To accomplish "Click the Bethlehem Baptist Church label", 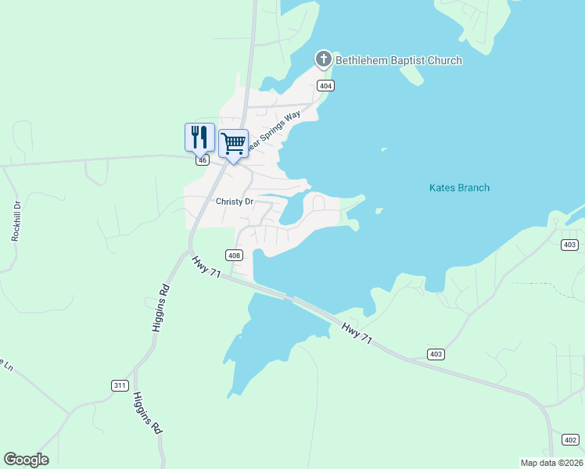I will (x=399, y=60).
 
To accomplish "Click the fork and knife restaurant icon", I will (x=199, y=137).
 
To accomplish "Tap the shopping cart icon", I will (x=233, y=143).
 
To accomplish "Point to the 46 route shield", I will (x=203, y=160).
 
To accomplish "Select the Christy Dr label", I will (x=235, y=202).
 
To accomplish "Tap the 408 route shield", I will (x=233, y=255).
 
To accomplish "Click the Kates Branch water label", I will (x=460, y=188).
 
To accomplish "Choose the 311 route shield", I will (x=119, y=385).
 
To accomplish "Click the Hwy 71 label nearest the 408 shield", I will (x=206, y=264).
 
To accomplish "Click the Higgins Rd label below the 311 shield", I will (x=147, y=413).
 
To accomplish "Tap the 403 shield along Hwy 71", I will (x=436, y=354).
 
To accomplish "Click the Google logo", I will (x=26, y=460).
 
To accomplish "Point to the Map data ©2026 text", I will (x=551, y=462).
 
